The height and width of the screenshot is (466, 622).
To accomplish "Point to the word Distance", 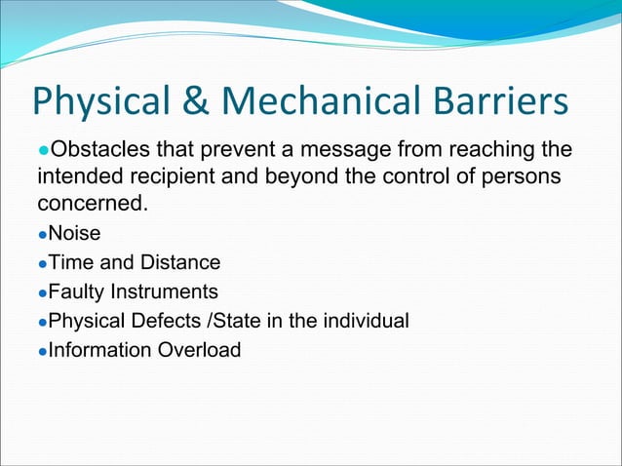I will [180, 263].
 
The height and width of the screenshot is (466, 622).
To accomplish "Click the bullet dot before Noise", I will [42, 236].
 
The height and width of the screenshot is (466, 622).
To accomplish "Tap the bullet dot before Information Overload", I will [42, 351].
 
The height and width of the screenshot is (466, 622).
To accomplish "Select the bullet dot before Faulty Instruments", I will [42, 293].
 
